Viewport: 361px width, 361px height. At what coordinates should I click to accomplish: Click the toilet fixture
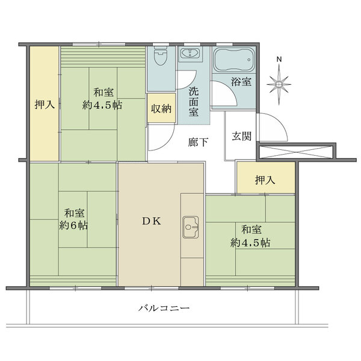tap(160, 56)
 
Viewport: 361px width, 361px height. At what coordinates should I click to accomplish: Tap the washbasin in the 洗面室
tap(190, 54)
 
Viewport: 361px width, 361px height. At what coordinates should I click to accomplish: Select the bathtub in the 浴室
tap(234, 60)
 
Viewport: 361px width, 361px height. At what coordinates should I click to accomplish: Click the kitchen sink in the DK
tap(190, 227)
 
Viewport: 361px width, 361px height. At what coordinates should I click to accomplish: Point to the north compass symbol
tap(279, 84)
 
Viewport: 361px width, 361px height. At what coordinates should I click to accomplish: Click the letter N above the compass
tap(279, 60)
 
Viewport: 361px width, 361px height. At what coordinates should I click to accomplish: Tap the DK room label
tap(151, 221)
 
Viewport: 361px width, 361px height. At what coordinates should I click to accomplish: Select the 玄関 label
tap(241, 136)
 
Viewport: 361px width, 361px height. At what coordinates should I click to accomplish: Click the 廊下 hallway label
tap(198, 142)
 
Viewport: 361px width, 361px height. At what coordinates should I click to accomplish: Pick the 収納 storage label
tap(161, 108)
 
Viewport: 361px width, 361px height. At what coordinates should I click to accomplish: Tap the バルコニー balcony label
tap(164, 308)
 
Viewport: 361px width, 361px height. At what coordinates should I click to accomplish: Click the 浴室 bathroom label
tap(241, 81)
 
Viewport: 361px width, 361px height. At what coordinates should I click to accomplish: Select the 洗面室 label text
tap(194, 102)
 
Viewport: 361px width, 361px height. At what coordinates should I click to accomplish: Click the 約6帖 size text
tap(73, 226)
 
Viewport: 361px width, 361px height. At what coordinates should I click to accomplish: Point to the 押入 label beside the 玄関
tap(265, 180)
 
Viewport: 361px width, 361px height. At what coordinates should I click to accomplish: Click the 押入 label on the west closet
tap(45, 105)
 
